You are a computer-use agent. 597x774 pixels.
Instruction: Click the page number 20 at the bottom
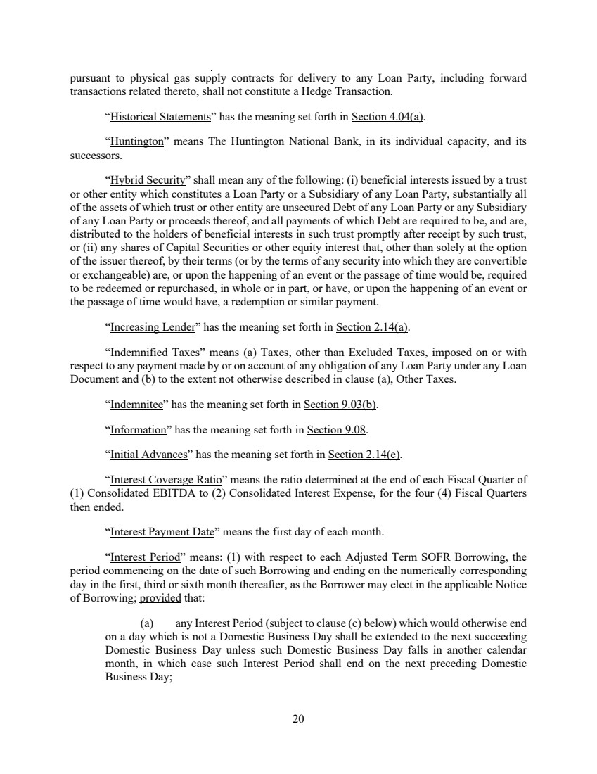298,719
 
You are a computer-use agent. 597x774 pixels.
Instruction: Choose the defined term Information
138,429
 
